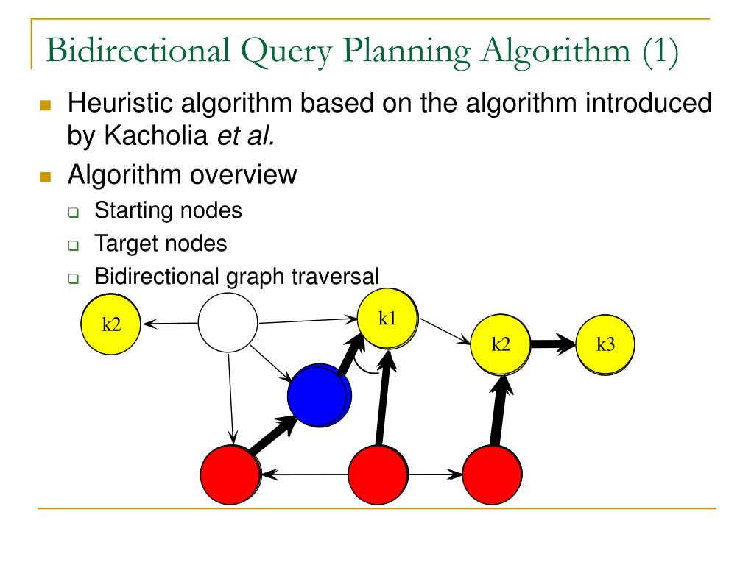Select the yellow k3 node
[605, 346]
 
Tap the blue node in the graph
[318, 395]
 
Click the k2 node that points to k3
[501, 346]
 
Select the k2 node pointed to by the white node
[111, 325]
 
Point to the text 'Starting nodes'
[168, 210]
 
